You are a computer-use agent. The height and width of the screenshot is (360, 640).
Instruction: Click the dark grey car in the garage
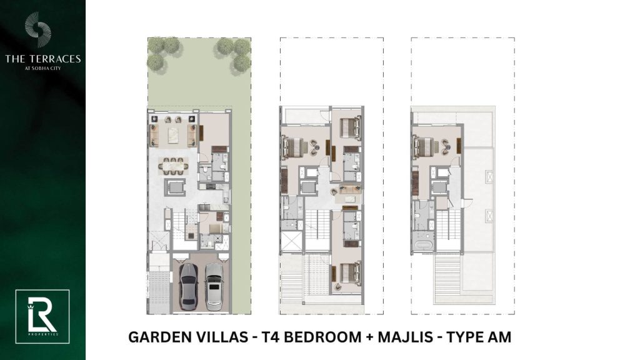(189, 286)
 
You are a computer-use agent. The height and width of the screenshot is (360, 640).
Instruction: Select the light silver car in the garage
(214, 286)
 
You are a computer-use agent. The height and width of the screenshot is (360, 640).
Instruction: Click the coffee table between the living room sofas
(173, 136)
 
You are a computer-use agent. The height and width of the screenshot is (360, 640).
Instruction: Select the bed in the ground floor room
(214, 227)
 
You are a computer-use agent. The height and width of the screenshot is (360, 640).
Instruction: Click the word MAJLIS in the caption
(405, 337)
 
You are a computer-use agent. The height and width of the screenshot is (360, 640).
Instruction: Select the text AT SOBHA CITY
(43, 68)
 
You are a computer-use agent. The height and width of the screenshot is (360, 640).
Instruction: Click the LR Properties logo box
(42, 317)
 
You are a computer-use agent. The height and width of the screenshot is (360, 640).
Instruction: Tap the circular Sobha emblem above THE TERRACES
(37, 29)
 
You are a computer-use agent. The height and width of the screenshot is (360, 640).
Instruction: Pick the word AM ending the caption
(499, 337)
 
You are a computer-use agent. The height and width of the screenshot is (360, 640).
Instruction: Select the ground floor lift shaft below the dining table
(175, 187)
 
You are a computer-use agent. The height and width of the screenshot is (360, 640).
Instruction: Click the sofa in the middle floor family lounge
(347, 189)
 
